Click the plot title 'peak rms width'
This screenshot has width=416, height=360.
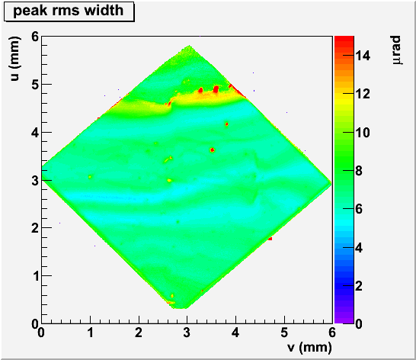click(x=68, y=11)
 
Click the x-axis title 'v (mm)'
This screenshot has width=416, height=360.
click(x=309, y=347)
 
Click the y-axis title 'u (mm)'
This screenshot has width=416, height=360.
click(x=15, y=58)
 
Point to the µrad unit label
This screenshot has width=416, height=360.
click(x=396, y=50)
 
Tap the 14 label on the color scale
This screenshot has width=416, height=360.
click(x=363, y=56)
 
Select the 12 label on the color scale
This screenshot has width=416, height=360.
click(x=363, y=94)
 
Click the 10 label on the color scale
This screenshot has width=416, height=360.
click(x=363, y=132)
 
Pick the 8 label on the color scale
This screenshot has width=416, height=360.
click(x=359, y=171)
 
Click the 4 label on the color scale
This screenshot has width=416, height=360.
click(x=359, y=248)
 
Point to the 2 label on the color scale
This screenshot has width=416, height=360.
click(x=359, y=286)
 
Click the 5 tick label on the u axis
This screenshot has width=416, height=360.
click(x=35, y=85)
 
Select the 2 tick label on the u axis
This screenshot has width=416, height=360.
click(x=35, y=228)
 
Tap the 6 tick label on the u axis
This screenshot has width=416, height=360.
click(x=35, y=37)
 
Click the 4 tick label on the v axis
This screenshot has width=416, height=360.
click(x=235, y=332)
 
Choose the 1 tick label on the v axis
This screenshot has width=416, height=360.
click(x=91, y=332)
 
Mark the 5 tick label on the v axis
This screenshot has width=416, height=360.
click(x=284, y=332)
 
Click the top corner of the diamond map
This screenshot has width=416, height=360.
click(x=189, y=46)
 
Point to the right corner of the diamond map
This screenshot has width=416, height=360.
click(x=331, y=183)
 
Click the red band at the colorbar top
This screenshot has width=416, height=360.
click(x=344, y=40)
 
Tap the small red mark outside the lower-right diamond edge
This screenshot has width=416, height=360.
click(x=270, y=239)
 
